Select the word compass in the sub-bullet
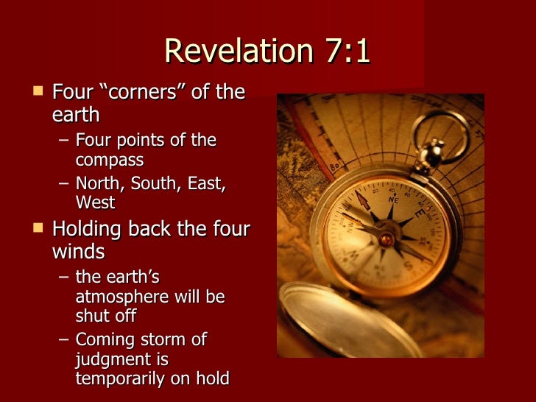click(110, 159)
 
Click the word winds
click(78, 252)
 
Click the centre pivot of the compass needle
click(387, 238)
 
